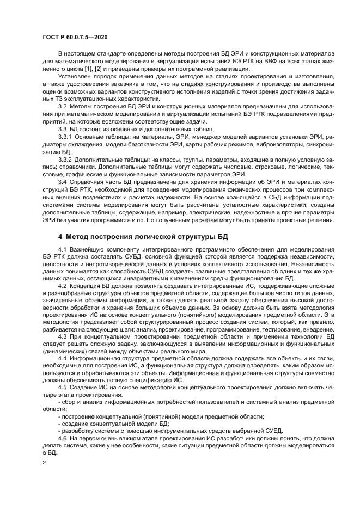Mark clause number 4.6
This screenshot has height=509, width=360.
pyautogui.click(x=63, y=438)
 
